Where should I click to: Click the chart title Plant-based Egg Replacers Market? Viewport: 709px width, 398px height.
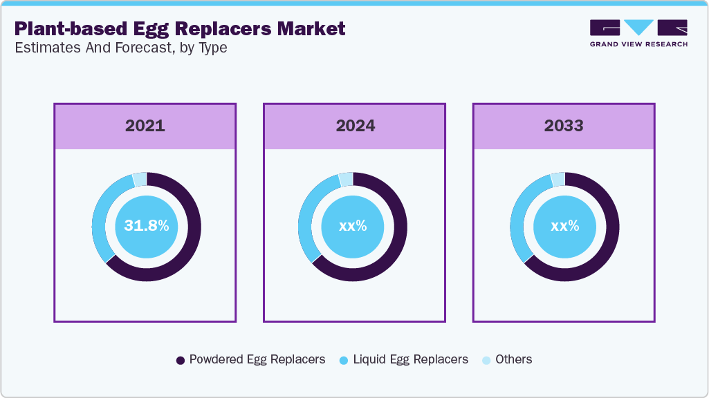coord(180,29)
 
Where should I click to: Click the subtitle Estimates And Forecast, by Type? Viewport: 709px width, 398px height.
coord(120,48)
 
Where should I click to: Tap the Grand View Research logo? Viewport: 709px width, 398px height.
coord(638,32)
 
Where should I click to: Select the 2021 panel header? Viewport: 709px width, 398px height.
coord(145,126)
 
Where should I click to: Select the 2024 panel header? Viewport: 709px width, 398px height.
coord(355,126)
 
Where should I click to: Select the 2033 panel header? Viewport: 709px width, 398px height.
coord(564,126)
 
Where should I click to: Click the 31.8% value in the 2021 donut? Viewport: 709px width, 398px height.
coord(146,226)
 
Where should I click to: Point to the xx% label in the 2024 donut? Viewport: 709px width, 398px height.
coord(353,226)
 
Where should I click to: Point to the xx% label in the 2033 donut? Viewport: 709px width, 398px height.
coord(564,226)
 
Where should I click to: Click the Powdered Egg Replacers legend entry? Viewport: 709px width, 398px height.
coord(250,359)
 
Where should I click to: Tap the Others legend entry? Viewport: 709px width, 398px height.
coord(507,359)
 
